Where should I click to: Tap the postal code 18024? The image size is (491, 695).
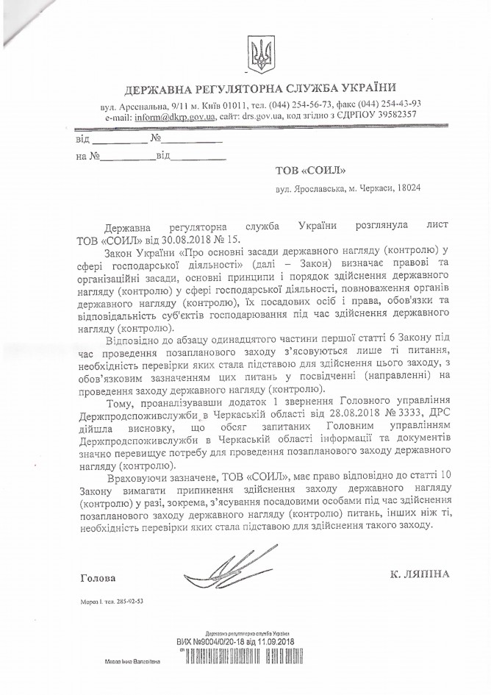point(406,189)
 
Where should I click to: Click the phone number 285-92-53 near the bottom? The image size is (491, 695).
point(130,601)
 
